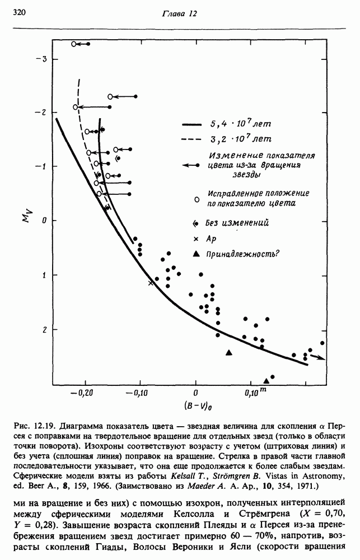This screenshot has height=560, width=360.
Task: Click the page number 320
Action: (19, 12)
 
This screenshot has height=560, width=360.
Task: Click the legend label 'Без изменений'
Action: (237, 223)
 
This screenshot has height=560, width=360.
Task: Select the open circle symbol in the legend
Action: (195, 199)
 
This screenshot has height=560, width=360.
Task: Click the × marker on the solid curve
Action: (150, 283)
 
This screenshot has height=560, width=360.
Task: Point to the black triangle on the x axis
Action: (266, 381)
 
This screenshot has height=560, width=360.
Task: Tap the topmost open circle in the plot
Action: (74, 44)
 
